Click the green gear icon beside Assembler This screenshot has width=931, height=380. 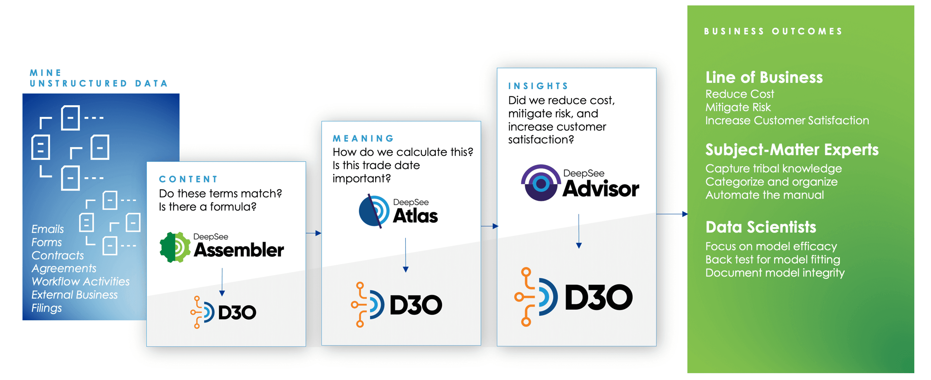175,247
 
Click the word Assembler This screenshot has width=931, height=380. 239,250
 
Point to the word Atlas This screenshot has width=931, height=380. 415,216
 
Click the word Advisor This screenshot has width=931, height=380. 601,188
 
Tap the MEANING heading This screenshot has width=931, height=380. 363,138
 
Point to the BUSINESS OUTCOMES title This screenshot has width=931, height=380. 773,31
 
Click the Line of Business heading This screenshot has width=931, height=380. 764,77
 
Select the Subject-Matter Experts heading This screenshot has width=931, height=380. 792,150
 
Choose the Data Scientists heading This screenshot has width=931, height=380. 761,227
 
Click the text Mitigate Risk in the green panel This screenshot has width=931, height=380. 738,107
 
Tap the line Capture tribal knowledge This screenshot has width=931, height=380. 773,169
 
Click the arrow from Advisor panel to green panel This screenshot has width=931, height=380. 672,214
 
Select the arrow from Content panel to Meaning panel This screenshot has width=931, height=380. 313,233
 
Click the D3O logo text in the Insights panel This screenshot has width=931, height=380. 599,297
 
